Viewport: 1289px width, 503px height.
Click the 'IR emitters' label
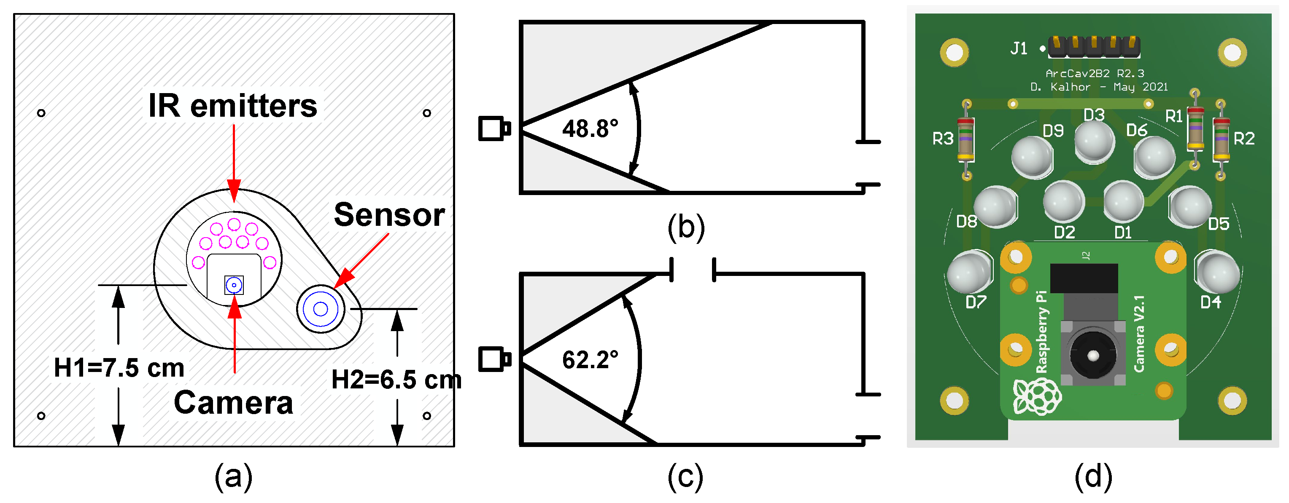[x=233, y=106]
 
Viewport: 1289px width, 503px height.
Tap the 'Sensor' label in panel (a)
[x=389, y=215]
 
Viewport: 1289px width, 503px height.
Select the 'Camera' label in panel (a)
[x=233, y=403]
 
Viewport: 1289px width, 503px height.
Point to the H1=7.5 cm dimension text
[x=119, y=368]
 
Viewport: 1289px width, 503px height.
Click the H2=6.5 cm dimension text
[x=396, y=380]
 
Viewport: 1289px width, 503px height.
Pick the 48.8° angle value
[x=590, y=129]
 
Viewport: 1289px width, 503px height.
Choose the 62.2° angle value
[x=590, y=360]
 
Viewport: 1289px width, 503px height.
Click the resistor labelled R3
[x=966, y=139]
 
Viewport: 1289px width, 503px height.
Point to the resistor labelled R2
[x=1221, y=139]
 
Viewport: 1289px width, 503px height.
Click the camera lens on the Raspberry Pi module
[x=1093, y=356]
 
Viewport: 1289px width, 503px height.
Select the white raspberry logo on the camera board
[x=1037, y=396]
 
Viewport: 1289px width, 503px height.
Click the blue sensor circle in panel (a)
[x=320, y=309]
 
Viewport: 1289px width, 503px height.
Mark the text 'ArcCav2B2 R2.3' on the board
[x=1095, y=73]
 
